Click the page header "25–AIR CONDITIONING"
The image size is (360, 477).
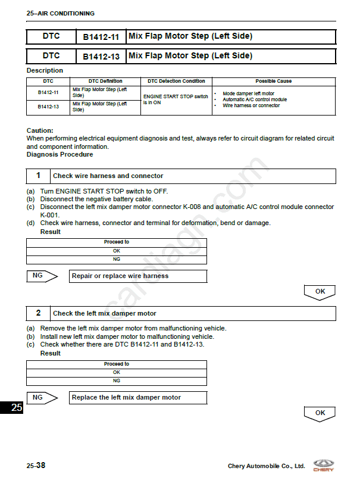click(x=61, y=13)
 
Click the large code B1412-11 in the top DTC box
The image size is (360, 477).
click(x=101, y=37)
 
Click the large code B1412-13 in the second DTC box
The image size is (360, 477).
click(x=101, y=57)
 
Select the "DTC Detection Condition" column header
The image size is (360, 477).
click(x=176, y=81)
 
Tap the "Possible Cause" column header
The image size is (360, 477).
click(x=273, y=81)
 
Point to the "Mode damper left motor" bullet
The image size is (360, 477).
click(x=248, y=93)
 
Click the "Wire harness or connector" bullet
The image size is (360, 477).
click(x=251, y=105)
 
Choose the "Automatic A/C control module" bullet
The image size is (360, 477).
click(x=255, y=99)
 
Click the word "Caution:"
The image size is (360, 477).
click(x=40, y=130)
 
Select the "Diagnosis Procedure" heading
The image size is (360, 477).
click(x=60, y=154)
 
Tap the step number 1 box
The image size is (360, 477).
click(x=39, y=176)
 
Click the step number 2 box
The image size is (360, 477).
click(x=39, y=313)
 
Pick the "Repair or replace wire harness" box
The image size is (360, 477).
click(x=138, y=276)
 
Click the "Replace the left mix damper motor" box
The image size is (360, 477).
click(x=138, y=397)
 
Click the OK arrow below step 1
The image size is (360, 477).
click(x=320, y=292)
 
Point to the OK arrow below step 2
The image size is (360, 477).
click(x=320, y=413)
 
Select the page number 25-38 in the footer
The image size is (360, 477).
click(x=36, y=465)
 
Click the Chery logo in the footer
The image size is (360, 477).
click(x=324, y=465)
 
